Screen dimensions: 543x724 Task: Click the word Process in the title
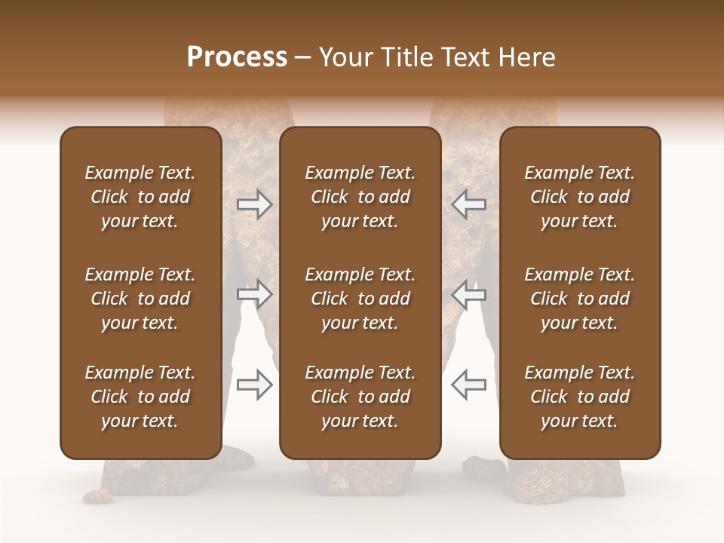[x=237, y=57]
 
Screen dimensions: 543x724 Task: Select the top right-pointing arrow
[x=255, y=204]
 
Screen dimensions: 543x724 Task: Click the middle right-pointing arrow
[x=255, y=294]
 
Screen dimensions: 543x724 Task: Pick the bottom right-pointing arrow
[x=255, y=384]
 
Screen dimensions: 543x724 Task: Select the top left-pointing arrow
[x=468, y=204]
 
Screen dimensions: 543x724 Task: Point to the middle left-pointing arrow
[x=468, y=294]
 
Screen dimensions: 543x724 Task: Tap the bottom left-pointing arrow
[x=468, y=384]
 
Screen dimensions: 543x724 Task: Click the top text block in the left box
[x=140, y=197]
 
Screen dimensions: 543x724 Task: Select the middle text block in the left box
[x=140, y=299]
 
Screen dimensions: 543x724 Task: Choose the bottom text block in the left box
[x=140, y=397]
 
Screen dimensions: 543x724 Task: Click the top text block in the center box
[x=360, y=197]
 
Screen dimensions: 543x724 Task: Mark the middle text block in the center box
[x=360, y=299]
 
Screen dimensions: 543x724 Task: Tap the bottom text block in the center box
[x=360, y=397]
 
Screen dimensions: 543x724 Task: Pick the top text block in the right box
[x=580, y=197]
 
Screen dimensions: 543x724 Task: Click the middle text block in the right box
[x=580, y=299]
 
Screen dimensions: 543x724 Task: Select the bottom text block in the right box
[x=580, y=397]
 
